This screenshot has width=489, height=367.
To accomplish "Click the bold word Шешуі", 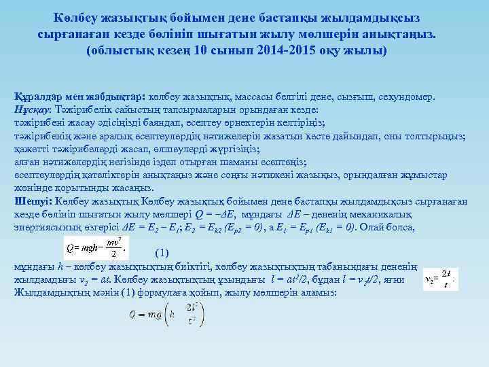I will pos(33,201).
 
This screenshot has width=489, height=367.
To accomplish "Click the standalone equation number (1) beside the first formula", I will pos(162,253).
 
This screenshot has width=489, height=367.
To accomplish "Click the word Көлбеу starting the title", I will pos(75,18).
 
